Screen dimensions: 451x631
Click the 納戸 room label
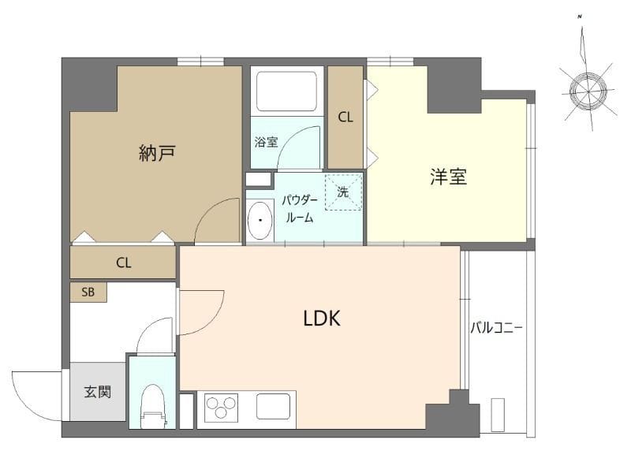(x=156, y=153)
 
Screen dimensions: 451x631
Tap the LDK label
(x=322, y=319)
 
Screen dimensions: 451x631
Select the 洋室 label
(x=449, y=177)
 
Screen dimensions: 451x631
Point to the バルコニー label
(x=497, y=327)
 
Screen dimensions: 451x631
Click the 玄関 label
(x=97, y=391)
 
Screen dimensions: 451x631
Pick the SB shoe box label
(x=88, y=292)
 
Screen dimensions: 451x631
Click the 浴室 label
(x=266, y=143)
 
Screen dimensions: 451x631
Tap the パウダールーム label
(x=300, y=208)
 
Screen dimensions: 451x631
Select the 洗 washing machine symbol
(x=343, y=192)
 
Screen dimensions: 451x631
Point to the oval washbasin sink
(x=259, y=221)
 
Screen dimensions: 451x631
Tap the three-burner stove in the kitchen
(x=221, y=409)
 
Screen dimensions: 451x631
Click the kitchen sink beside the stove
(x=274, y=408)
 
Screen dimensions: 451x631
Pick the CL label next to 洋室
(x=345, y=117)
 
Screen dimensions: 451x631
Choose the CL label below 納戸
(x=123, y=263)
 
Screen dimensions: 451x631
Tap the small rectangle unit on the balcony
(x=498, y=415)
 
